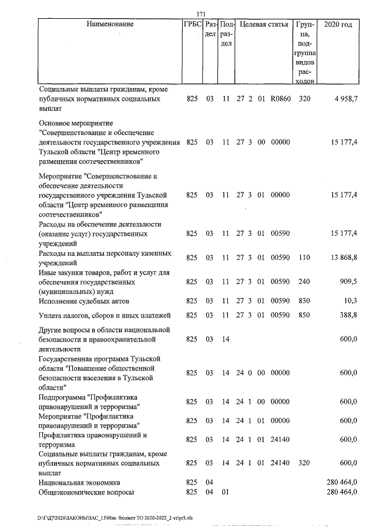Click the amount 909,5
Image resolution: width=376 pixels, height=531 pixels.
tap(347, 281)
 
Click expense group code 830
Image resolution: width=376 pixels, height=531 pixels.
tap(304, 300)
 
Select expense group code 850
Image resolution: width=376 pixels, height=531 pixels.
tap(304, 316)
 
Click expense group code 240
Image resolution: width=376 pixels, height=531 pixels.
tap(304, 281)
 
